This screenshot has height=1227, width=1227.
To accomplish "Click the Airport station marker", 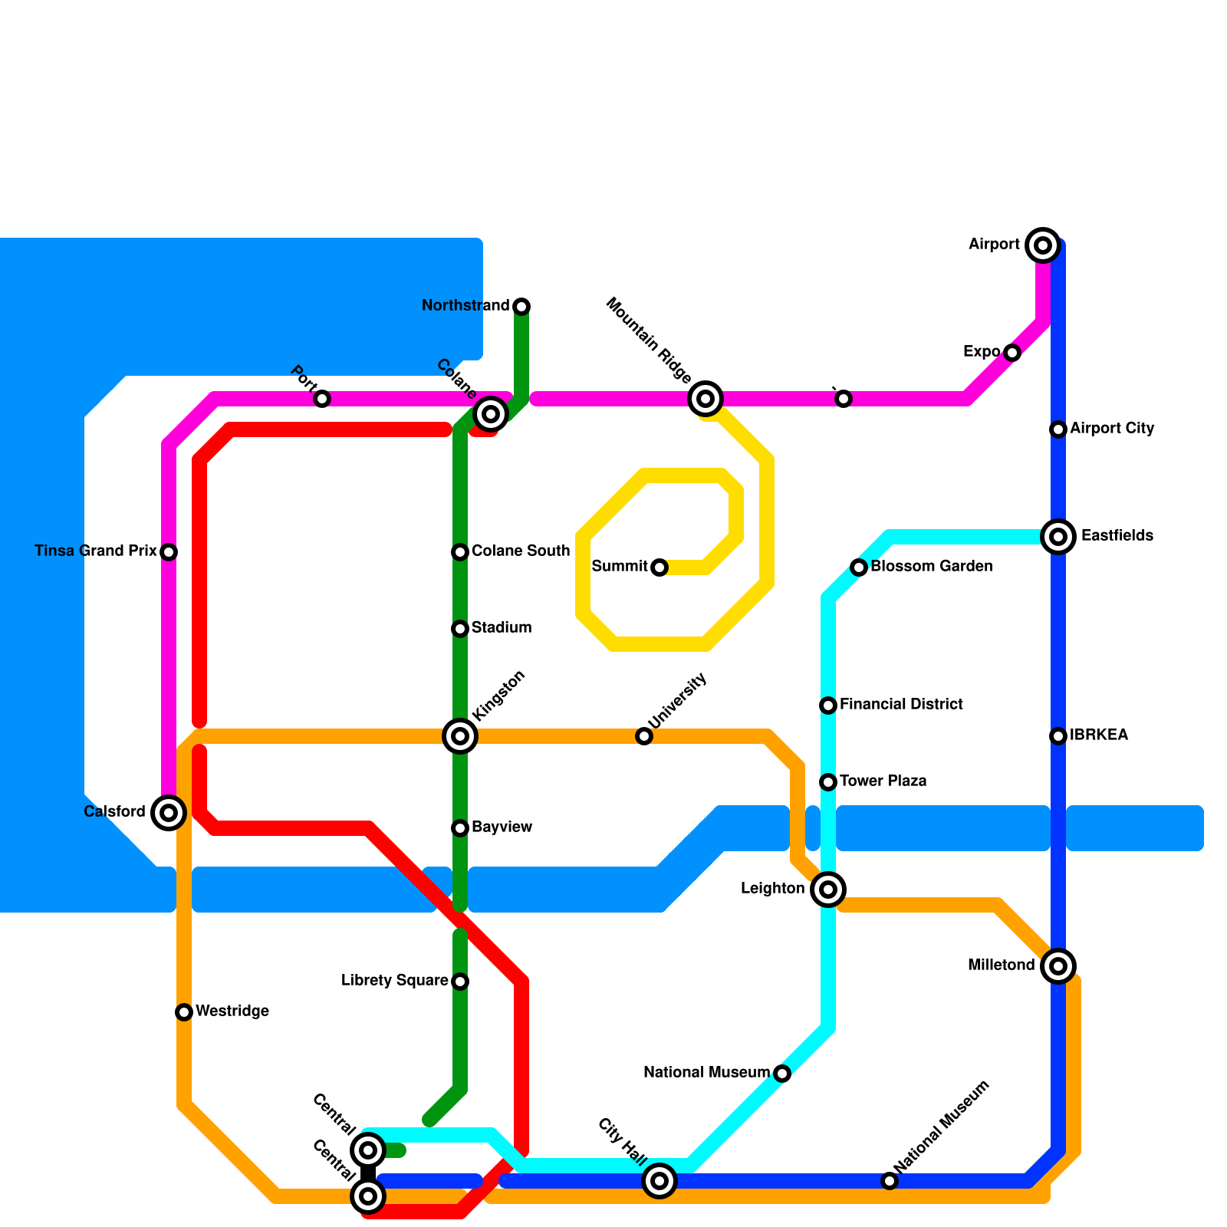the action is (1042, 245).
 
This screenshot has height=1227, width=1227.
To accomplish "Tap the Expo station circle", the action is (1012, 353).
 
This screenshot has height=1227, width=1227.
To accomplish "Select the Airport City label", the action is (1112, 429).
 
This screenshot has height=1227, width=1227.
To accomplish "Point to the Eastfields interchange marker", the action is (1058, 537).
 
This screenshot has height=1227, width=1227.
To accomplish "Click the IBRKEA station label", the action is (1099, 735).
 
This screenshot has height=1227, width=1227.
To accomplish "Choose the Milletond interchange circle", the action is (1058, 966).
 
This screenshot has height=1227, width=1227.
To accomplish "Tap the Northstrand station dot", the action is (521, 307).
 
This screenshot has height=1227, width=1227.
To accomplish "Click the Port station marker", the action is (322, 399).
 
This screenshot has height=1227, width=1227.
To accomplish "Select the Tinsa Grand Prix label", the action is (96, 551).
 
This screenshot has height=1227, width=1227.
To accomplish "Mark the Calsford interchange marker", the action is (169, 813).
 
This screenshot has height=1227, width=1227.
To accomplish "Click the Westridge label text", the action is (232, 1012).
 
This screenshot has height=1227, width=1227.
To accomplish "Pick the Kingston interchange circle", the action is (460, 736).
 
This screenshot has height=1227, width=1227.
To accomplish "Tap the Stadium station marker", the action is (460, 629).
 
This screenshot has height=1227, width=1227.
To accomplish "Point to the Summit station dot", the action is (660, 567).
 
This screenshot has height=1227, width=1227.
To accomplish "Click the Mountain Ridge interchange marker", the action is (706, 399).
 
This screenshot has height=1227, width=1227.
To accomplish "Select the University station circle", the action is (644, 736).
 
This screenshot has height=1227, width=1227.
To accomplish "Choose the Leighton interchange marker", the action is (828, 890).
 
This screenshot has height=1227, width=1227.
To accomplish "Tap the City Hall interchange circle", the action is (660, 1181).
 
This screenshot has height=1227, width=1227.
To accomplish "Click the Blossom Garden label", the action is (932, 567).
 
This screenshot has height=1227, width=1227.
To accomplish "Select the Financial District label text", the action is (901, 705).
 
